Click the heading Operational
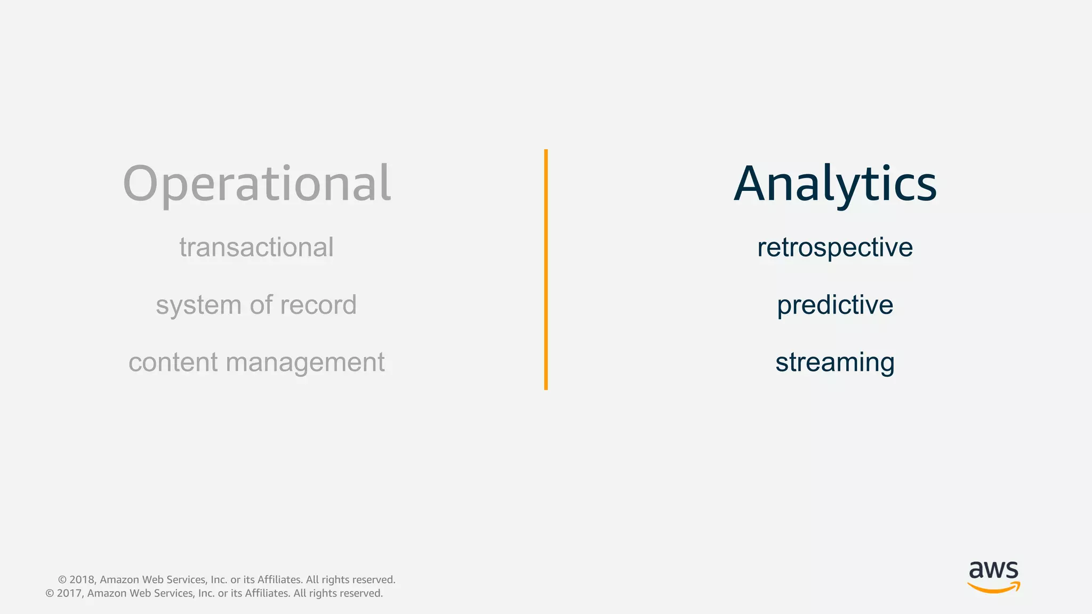pyautogui.click(x=257, y=184)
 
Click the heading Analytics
pyautogui.click(x=835, y=184)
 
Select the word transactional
pyautogui.click(x=256, y=248)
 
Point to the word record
pyautogui.click(x=318, y=305)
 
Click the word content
pyautogui.click(x=173, y=362)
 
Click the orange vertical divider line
pyautogui.click(x=546, y=270)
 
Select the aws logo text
pyautogui.click(x=993, y=570)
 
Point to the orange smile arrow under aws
pyautogui.click(x=993, y=588)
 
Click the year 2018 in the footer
pyautogui.click(x=82, y=580)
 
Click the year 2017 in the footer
pyautogui.click(x=69, y=594)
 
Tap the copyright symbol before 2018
pyautogui.click(x=62, y=580)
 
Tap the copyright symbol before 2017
pyautogui.click(x=50, y=594)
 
